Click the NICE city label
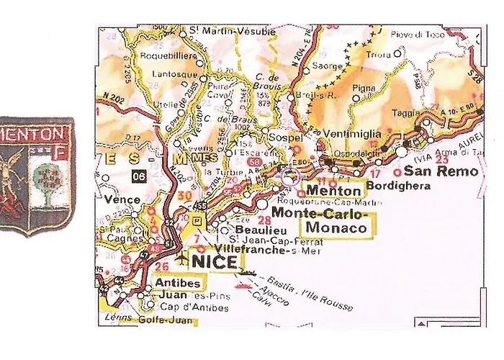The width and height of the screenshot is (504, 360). [x=213, y=261]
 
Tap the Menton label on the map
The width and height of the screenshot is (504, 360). [x=333, y=191]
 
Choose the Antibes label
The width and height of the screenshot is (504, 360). [x=177, y=282]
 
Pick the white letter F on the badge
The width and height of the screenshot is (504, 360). [x=62, y=153]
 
